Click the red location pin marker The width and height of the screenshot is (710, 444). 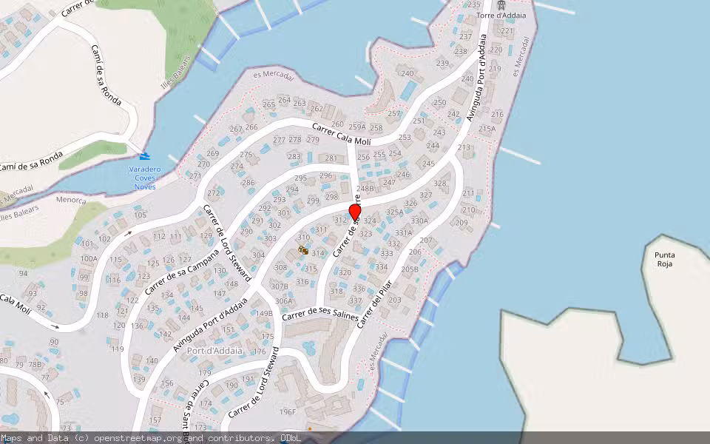[355, 212]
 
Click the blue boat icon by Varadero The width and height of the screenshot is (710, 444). [144, 156]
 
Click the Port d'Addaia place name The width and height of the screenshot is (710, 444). [214, 350]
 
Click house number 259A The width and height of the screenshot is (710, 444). [357, 127]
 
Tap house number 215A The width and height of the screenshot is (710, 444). [487, 129]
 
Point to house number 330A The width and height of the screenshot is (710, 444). [419, 221]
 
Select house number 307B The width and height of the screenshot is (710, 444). [279, 286]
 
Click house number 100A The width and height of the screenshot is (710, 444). [89, 258]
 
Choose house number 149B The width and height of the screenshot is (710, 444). [264, 313]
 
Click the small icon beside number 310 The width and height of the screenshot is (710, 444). [303, 250]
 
